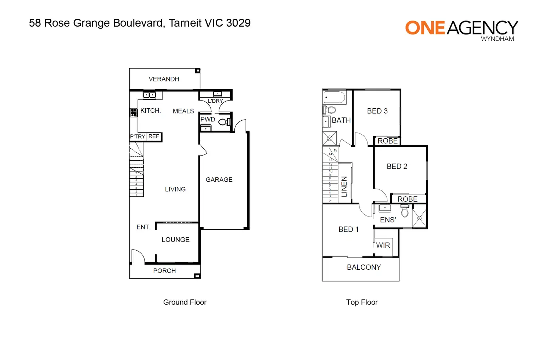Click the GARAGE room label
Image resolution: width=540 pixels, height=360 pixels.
click(x=219, y=180)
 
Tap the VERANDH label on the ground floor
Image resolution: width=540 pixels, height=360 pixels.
click(x=164, y=79)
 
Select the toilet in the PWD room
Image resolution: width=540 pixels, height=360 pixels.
click(x=225, y=122)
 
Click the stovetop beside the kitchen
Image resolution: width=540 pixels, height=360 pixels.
click(x=134, y=112)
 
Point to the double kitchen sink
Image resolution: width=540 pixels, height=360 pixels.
click(x=149, y=95)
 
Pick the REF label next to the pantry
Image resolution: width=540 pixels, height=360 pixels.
click(x=154, y=137)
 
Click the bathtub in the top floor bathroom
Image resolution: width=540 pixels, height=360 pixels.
click(x=334, y=97)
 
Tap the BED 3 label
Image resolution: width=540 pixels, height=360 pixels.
click(x=377, y=111)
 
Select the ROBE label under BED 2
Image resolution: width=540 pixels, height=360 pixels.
click(x=408, y=199)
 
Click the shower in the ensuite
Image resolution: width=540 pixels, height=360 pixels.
click(x=419, y=218)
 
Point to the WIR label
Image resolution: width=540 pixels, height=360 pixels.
click(x=383, y=245)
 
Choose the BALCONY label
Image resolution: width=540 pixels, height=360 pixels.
click(x=364, y=267)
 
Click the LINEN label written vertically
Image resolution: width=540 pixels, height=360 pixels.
click(x=344, y=187)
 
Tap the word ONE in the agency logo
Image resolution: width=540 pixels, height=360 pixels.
click(x=425, y=28)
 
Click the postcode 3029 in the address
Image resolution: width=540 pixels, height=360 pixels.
click(x=238, y=23)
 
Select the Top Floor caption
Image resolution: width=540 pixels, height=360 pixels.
click(x=362, y=302)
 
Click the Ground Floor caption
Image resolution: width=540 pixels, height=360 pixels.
click(x=185, y=302)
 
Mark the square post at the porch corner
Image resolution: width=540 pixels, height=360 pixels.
click(x=197, y=276)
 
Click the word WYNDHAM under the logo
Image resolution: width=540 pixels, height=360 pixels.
click(x=497, y=39)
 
